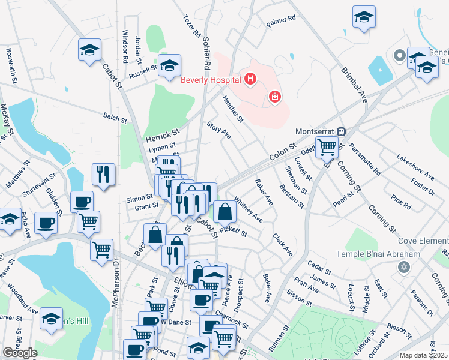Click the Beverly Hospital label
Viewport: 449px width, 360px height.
[x=211, y=79]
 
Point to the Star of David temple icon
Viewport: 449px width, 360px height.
[x=403, y=265]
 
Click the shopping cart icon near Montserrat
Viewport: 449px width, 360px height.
[x=327, y=146]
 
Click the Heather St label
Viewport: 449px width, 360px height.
[x=232, y=109]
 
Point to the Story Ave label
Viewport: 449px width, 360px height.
[x=218, y=130]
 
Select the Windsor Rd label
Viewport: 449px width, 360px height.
[x=125, y=47]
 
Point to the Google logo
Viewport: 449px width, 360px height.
[x=20, y=353]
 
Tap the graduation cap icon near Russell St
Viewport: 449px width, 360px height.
[x=169, y=65]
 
